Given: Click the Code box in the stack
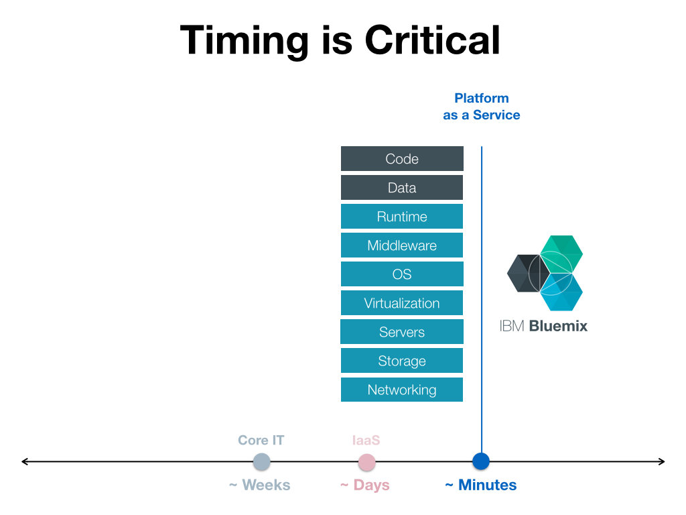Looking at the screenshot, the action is [x=402, y=158].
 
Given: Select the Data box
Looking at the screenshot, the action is [x=402, y=188].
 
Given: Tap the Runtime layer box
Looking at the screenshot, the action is [x=402, y=217].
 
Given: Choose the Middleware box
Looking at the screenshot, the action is [x=402, y=245].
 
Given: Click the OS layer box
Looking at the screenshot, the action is [x=402, y=274].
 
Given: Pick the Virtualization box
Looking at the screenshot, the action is [x=402, y=303].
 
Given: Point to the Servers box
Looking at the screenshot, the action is [x=402, y=332].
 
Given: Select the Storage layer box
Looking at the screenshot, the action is [x=402, y=361].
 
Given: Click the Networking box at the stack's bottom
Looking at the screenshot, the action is [x=402, y=390].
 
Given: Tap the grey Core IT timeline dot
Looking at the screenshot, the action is [x=262, y=461].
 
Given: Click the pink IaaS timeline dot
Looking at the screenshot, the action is [x=366, y=462].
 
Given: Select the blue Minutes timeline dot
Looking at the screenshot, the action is [x=481, y=461].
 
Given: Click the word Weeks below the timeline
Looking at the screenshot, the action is [x=266, y=485].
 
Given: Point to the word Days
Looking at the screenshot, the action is [x=371, y=485].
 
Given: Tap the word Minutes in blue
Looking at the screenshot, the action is [x=488, y=485].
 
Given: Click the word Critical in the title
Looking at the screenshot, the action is [x=432, y=40].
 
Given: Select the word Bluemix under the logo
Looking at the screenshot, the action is [x=558, y=326].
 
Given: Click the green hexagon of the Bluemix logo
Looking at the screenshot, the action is [x=562, y=254].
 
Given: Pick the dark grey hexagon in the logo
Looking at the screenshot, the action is [x=529, y=274].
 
